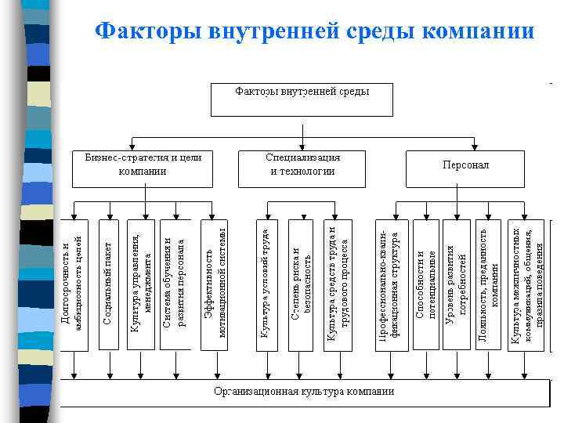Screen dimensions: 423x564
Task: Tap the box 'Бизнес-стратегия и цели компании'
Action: (143, 164)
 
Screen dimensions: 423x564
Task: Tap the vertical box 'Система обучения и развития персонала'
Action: (175, 284)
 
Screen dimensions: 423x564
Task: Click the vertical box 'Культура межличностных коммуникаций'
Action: (526, 284)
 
